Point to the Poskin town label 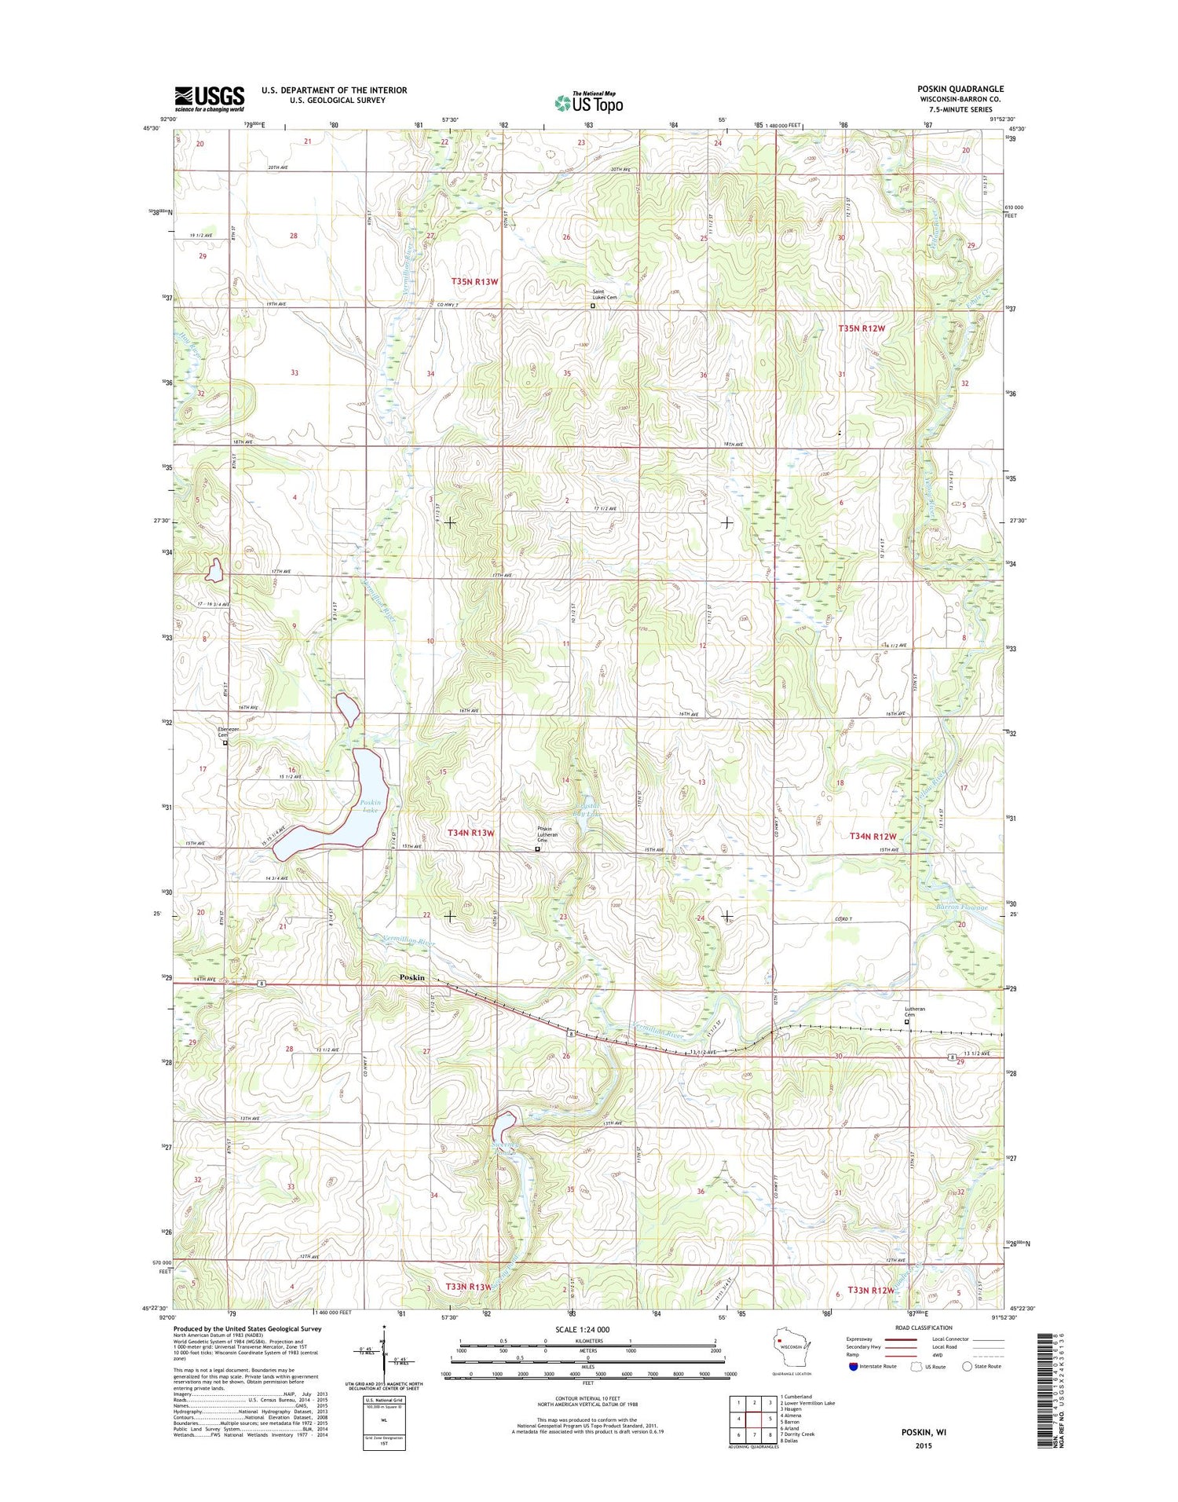tap(412, 977)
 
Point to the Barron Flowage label tap(961, 907)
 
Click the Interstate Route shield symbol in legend tap(853, 1365)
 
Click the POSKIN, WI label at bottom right tap(924, 1432)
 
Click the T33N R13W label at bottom tap(468, 1287)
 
